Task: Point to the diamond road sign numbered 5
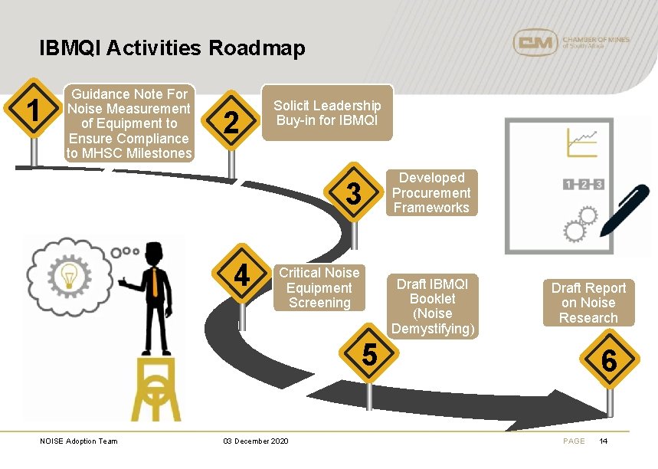click(369, 355)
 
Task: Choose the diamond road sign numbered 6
click(609, 360)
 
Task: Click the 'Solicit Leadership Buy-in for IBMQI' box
click(327, 113)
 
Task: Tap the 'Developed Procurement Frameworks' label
click(431, 192)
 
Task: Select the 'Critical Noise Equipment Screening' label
click(319, 287)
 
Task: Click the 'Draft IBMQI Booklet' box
click(432, 306)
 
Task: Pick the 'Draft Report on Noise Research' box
click(588, 303)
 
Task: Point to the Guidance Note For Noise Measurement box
click(129, 123)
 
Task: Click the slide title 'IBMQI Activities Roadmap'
click(172, 48)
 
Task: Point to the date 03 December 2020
click(255, 441)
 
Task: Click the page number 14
click(604, 441)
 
